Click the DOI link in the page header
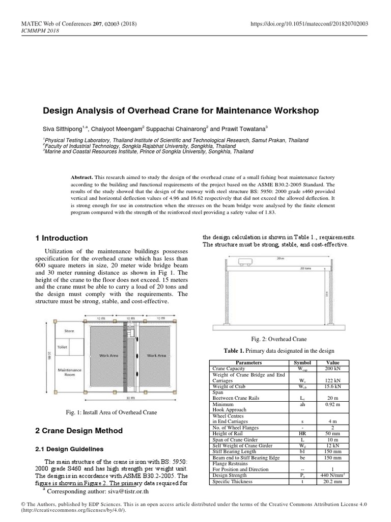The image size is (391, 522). coord(310,24)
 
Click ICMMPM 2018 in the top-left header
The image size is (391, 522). coord(39,31)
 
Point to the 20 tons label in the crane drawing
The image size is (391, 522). coord(305,267)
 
